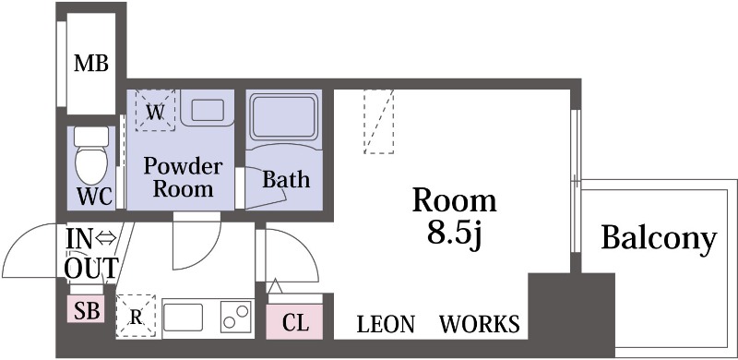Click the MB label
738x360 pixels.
(x=91, y=64)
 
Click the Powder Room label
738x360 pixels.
(x=183, y=178)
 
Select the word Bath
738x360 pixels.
(x=286, y=179)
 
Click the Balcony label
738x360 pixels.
(x=658, y=238)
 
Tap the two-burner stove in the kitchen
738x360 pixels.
(x=236, y=318)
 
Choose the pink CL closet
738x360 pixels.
(x=295, y=322)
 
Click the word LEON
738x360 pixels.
(x=387, y=324)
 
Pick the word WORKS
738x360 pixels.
(x=479, y=324)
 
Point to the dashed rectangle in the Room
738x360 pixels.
(x=379, y=121)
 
